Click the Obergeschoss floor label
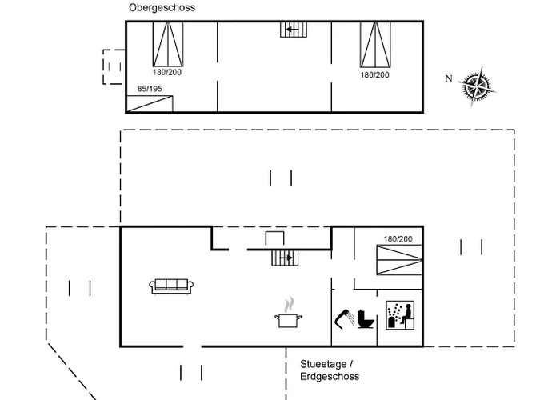click(162, 7)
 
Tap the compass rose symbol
click(477, 86)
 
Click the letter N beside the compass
click(449, 78)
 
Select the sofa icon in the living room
click(171, 286)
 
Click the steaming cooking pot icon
click(289, 313)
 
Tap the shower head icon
click(344, 318)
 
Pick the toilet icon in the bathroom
click(366, 319)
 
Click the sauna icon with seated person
click(400, 315)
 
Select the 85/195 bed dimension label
click(150, 89)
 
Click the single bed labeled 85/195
click(150, 104)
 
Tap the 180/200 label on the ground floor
click(398, 239)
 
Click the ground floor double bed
click(400, 260)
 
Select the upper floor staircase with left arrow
click(294, 30)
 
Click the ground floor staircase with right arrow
click(285, 258)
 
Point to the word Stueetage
click(323, 364)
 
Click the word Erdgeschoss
click(330, 377)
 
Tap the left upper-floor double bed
click(168, 44)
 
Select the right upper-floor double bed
click(375, 44)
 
